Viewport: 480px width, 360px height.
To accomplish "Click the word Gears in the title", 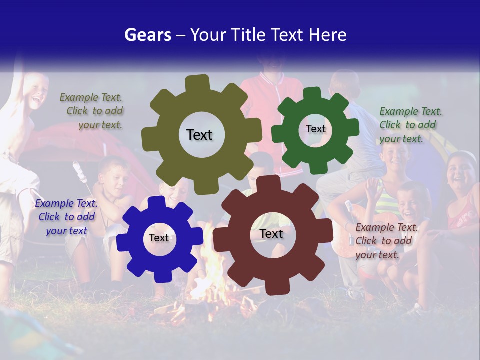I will (x=147, y=35).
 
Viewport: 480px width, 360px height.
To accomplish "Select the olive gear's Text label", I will (x=199, y=135).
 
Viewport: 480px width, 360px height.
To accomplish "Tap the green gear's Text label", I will (x=315, y=129).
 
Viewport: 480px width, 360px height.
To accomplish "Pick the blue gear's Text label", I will (x=159, y=238).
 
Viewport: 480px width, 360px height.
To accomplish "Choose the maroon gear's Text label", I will (x=271, y=233).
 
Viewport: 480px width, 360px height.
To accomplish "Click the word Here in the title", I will (x=328, y=35).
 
